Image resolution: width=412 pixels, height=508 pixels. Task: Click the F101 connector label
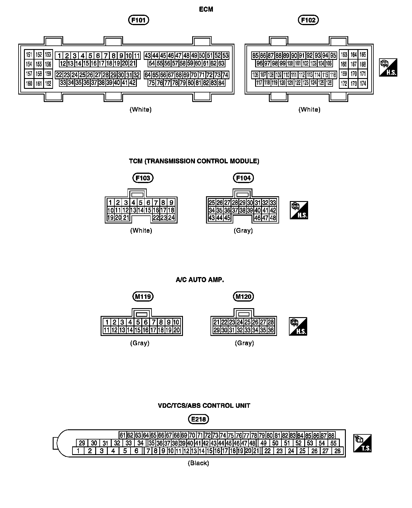[x=139, y=20]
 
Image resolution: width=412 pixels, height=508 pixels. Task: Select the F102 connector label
[x=308, y=20]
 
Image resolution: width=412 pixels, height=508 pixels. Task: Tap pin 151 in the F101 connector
[x=29, y=54]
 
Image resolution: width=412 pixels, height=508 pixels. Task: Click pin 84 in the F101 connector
[x=222, y=83]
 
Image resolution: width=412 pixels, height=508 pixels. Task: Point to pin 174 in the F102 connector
[x=363, y=83]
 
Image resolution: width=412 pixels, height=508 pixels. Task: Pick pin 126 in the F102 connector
[x=329, y=83]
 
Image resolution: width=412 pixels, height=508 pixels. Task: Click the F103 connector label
[x=143, y=178]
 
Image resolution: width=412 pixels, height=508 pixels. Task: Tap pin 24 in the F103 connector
[x=171, y=218]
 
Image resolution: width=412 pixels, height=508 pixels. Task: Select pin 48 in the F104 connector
[x=273, y=218]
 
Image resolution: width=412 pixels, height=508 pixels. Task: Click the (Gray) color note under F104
[x=243, y=231]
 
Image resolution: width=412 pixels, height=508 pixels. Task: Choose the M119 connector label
[x=143, y=296]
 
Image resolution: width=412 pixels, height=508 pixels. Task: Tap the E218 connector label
[x=199, y=419]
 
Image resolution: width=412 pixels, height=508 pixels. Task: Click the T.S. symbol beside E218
[x=362, y=443]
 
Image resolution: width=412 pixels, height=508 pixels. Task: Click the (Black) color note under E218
[x=198, y=463]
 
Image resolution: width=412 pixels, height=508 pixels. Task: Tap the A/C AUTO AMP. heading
[x=200, y=280]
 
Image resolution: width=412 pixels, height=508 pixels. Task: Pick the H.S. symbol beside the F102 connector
[x=388, y=67]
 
